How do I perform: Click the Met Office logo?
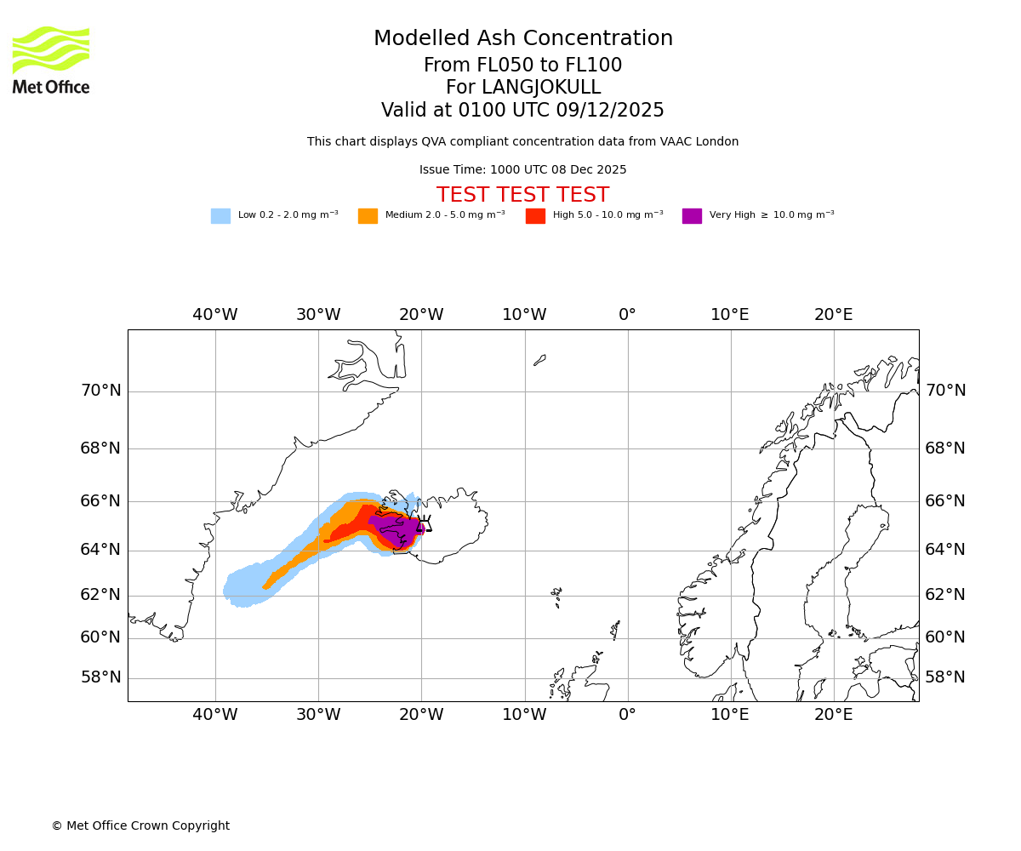pyautogui.click(x=51, y=60)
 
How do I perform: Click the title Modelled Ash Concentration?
pyautogui.click(x=523, y=39)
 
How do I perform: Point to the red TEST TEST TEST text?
pyautogui.click(x=522, y=196)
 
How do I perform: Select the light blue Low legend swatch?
pyautogui.click(x=220, y=216)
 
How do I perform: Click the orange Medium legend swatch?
pyautogui.click(x=368, y=216)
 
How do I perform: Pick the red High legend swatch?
pyautogui.click(x=535, y=216)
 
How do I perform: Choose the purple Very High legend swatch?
pyautogui.click(x=692, y=216)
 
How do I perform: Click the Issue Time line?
pyautogui.click(x=522, y=170)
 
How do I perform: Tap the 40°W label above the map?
pyautogui.click(x=215, y=315)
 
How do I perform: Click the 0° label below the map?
pyautogui.click(x=627, y=715)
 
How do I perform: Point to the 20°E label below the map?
pyautogui.click(x=834, y=715)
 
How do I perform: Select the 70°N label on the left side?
pyautogui.click(x=100, y=391)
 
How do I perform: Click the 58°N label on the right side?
pyautogui.click(x=945, y=677)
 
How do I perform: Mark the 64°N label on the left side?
pyautogui.click(x=100, y=550)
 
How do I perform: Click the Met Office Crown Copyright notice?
pyautogui.click(x=140, y=825)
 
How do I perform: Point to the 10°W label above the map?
pyautogui.click(x=524, y=315)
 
